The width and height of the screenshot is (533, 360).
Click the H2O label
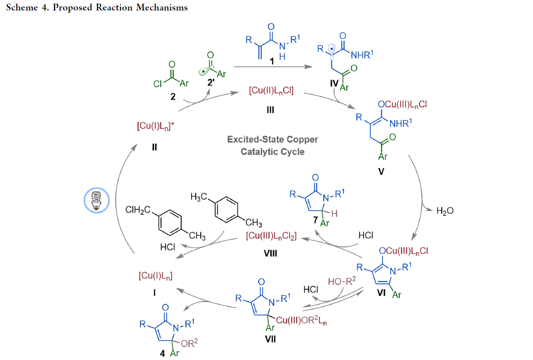(445, 211)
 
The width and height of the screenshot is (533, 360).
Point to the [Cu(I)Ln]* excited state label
(155, 126)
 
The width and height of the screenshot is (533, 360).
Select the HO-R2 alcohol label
(342, 282)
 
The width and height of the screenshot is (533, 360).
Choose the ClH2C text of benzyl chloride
(138, 210)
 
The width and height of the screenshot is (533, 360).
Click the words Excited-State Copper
(273, 139)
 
